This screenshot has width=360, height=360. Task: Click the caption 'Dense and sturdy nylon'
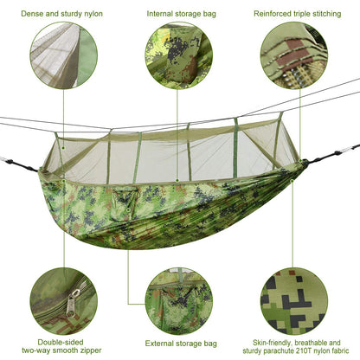(x=61, y=14)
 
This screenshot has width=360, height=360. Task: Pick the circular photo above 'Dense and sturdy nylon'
(x=62, y=55)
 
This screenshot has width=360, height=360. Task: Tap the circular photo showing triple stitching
(x=294, y=55)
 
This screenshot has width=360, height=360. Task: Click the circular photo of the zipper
(x=62, y=299)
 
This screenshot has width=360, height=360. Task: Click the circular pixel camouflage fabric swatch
(x=294, y=299)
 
